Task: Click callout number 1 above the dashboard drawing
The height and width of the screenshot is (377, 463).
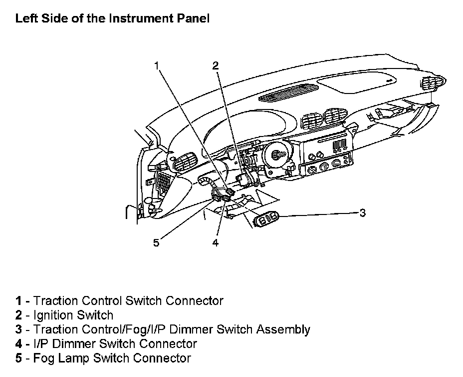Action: tap(157, 65)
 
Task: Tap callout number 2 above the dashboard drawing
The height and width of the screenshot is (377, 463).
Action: tap(216, 65)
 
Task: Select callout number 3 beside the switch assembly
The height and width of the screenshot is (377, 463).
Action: tap(363, 212)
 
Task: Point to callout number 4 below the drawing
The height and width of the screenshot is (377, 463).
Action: tap(216, 242)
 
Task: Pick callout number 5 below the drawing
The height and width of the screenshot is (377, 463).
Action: tap(156, 242)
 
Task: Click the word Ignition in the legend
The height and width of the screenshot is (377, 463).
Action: tap(54, 315)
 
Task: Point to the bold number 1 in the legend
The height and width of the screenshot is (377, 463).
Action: tap(18, 301)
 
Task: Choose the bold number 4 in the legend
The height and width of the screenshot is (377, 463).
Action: tap(18, 344)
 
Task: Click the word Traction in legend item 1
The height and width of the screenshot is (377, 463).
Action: tap(55, 301)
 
